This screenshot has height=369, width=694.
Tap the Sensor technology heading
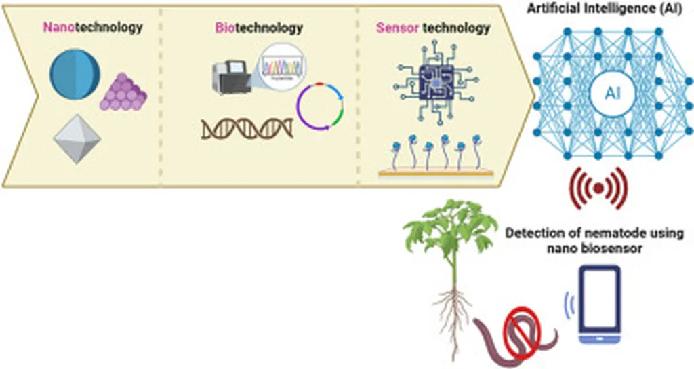pos(432,28)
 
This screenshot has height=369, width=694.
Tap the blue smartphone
pos(599,303)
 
